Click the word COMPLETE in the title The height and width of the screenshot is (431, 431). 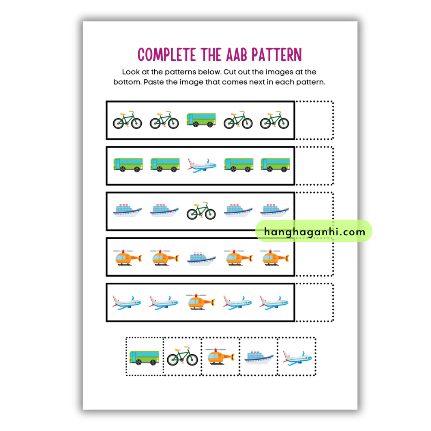[167, 54]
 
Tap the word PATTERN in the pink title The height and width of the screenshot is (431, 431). [277, 54]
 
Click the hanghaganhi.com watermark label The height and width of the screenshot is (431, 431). [314, 231]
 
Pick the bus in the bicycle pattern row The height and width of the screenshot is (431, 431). [201, 120]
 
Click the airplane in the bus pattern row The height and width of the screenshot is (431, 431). [202, 166]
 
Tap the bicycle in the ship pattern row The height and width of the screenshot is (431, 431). [201, 211]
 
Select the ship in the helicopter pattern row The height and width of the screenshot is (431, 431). [201, 259]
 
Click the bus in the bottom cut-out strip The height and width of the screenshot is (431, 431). [144, 358]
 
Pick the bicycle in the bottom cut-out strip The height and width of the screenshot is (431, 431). [182, 356]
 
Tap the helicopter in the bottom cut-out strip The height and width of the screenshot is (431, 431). [220, 356]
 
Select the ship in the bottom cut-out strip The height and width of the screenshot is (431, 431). [259, 357]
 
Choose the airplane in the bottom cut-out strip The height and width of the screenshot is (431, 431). [297, 358]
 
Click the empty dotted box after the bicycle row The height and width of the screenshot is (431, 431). [314, 120]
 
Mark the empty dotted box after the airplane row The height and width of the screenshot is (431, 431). [314, 302]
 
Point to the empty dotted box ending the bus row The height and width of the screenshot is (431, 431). [314, 166]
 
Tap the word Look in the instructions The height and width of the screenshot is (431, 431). [131, 72]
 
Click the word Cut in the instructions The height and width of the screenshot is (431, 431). [230, 72]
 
